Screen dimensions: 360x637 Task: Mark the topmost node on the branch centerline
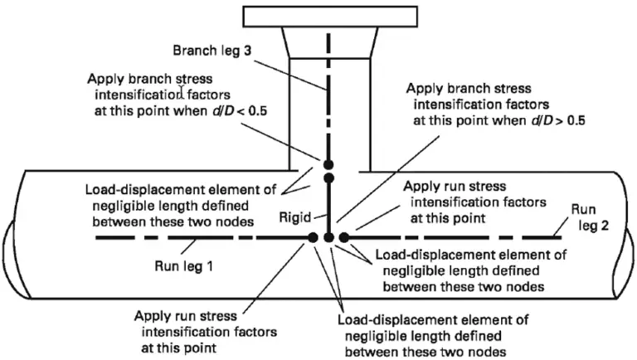[328, 163]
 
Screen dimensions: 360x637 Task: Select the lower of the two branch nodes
[328, 178]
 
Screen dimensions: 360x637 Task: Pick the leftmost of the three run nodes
[313, 238]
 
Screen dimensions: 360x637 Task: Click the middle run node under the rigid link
[328, 238]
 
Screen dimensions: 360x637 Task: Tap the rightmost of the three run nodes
[343, 238]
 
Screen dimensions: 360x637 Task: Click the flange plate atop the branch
[328, 16]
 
